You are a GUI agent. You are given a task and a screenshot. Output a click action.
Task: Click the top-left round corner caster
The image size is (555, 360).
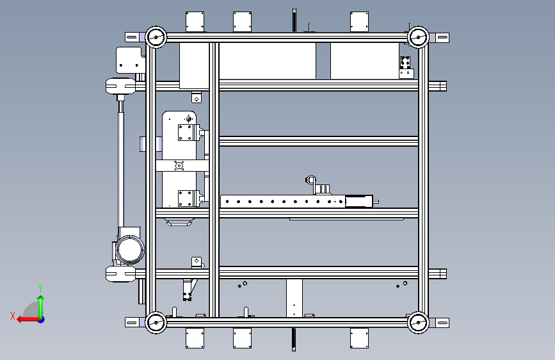[x=156, y=37]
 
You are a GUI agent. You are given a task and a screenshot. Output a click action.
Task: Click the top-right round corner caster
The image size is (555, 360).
[x=418, y=37]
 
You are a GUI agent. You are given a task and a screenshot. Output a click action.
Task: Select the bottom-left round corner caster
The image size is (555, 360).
[x=156, y=322]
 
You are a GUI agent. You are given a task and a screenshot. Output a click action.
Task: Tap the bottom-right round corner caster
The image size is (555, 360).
[x=418, y=322]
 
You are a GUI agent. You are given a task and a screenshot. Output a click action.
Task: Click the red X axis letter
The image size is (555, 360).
[x=13, y=316]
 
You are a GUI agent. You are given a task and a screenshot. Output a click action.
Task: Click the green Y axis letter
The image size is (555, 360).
[x=40, y=288]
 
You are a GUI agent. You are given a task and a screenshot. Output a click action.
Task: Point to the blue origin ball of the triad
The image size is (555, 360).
[x=42, y=320]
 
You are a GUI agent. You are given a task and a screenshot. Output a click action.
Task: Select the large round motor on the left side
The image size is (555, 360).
[x=130, y=249]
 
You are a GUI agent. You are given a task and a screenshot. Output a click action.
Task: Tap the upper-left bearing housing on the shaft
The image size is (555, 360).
[x=120, y=86]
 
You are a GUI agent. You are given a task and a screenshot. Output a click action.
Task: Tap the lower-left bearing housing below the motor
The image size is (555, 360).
[x=120, y=274]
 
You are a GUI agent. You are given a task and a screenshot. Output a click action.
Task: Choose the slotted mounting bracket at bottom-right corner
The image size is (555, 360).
[x=439, y=323]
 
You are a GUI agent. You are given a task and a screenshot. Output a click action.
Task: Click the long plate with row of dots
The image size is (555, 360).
[x=283, y=201]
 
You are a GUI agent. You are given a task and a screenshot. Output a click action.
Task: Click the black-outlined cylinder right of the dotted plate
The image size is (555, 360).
[x=359, y=201]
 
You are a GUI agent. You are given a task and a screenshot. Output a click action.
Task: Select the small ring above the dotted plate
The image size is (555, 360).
[x=310, y=180]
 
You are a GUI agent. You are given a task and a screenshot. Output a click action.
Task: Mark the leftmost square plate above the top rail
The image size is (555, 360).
[x=195, y=22]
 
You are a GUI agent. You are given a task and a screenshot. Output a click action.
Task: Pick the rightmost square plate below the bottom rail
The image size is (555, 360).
[x=359, y=338]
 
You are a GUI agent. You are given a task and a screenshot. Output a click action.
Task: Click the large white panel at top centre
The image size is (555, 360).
[x=267, y=61]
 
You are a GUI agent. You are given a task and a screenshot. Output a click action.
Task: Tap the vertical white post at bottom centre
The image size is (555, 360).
[x=294, y=298]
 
